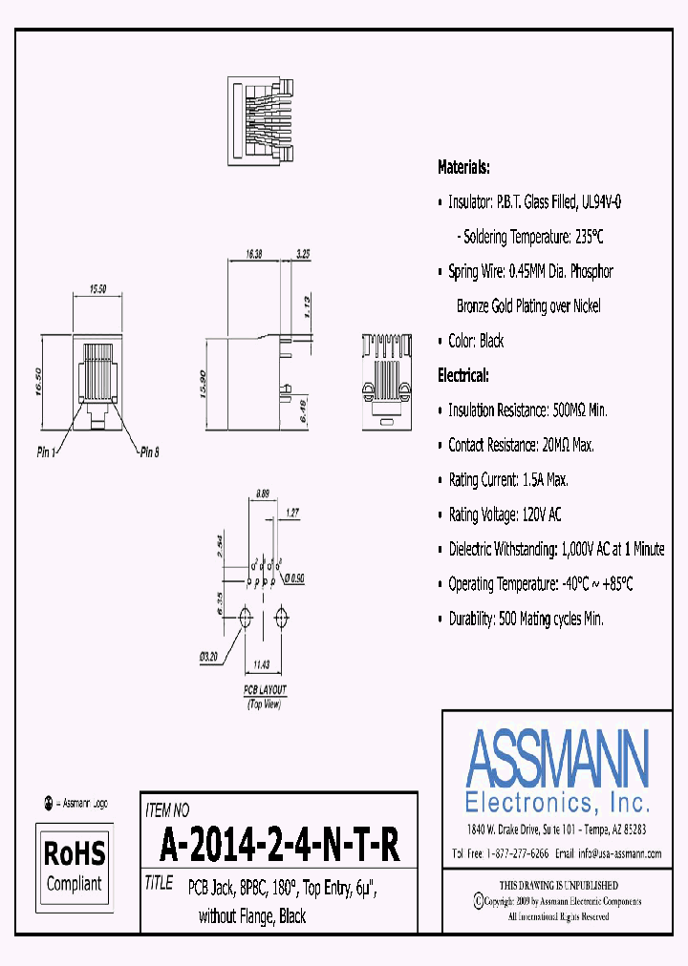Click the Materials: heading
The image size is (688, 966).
tap(463, 167)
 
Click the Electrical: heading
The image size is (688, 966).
tap(463, 375)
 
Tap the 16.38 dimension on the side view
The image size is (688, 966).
tap(253, 255)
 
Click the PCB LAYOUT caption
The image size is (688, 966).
tap(265, 689)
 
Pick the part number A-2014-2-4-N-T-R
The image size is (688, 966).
tap(279, 844)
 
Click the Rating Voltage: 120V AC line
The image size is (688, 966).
tap(505, 514)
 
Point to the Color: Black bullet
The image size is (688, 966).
tap(475, 341)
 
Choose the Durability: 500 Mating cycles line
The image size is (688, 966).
tap(526, 619)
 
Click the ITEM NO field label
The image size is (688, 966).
tap(167, 810)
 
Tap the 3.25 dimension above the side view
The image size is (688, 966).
tap(303, 255)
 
